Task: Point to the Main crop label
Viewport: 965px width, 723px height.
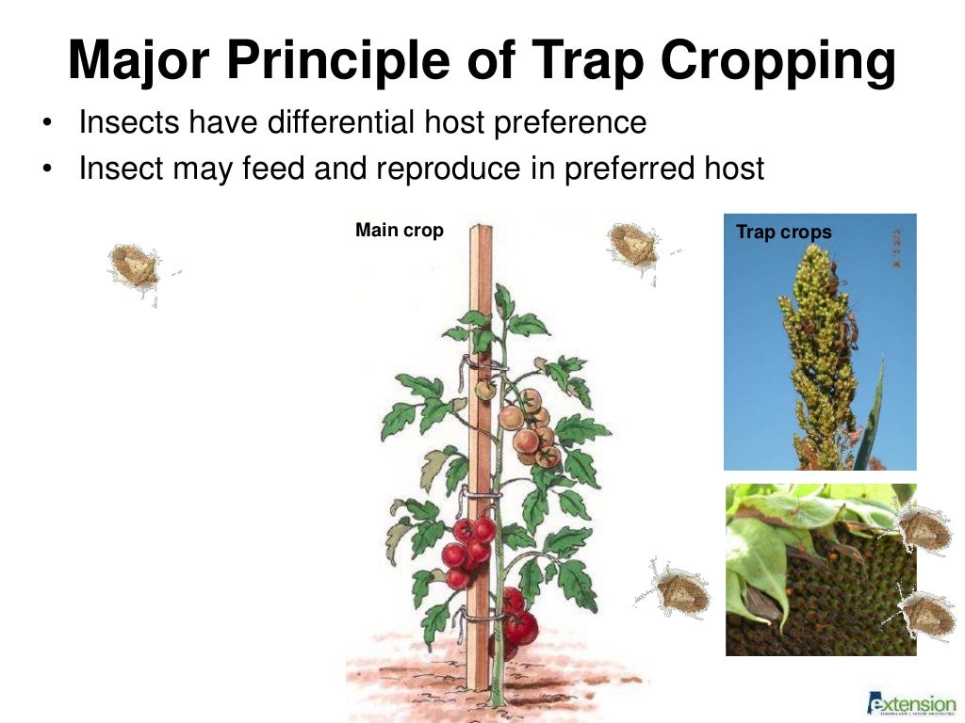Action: point(399,231)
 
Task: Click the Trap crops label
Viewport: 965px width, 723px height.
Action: point(783,233)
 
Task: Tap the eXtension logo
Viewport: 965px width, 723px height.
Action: point(910,702)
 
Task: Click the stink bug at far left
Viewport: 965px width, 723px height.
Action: point(135,268)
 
